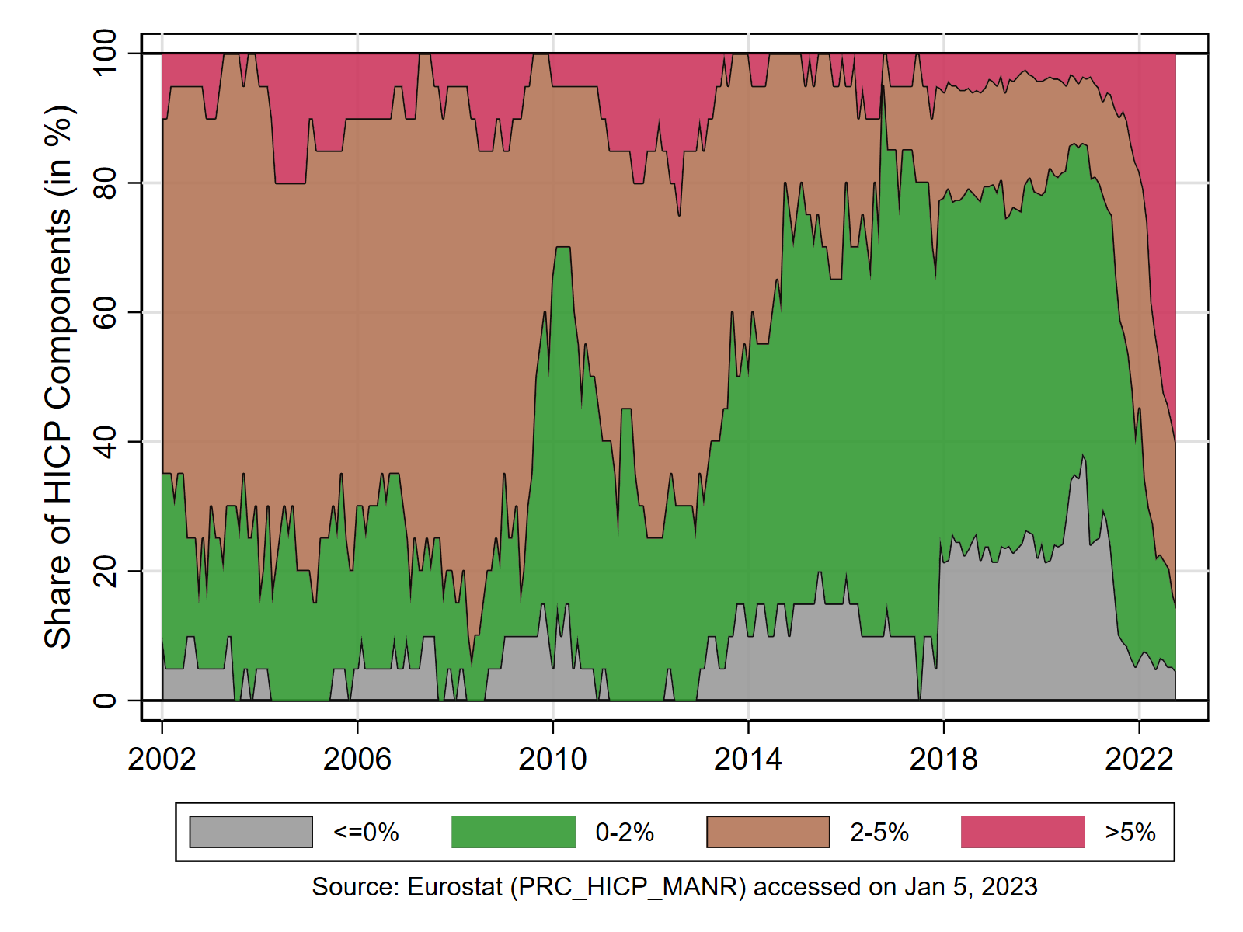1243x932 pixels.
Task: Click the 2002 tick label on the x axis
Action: pyautogui.click(x=162, y=760)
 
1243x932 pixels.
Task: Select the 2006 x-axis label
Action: pyautogui.click(x=357, y=760)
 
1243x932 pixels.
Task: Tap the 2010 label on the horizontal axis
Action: pyautogui.click(x=552, y=760)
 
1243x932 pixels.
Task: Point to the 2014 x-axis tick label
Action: pyautogui.click(x=748, y=760)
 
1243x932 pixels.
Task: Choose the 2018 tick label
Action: pyautogui.click(x=943, y=760)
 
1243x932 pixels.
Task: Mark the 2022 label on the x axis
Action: pyautogui.click(x=1139, y=760)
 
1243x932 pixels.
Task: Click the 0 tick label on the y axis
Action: pyautogui.click(x=105, y=701)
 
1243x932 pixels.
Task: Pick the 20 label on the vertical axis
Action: pyautogui.click(x=105, y=571)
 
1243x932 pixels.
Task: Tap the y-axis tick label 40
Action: pyautogui.click(x=105, y=441)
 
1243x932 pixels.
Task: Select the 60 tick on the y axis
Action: pyautogui.click(x=105, y=311)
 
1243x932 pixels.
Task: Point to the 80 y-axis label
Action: pyautogui.click(x=105, y=183)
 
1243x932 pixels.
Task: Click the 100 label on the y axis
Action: pyautogui.click(x=105, y=53)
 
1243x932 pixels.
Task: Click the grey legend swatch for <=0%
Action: pyautogui.click(x=251, y=832)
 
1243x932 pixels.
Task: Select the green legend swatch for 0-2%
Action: pyautogui.click(x=514, y=832)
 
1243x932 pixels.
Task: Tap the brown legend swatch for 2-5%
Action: pyautogui.click(x=768, y=832)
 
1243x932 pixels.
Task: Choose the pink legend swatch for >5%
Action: pyautogui.click(x=1023, y=832)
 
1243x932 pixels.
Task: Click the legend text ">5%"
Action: pyautogui.click(x=1130, y=833)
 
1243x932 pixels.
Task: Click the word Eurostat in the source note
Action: pyautogui.click(x=454, y=887)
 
